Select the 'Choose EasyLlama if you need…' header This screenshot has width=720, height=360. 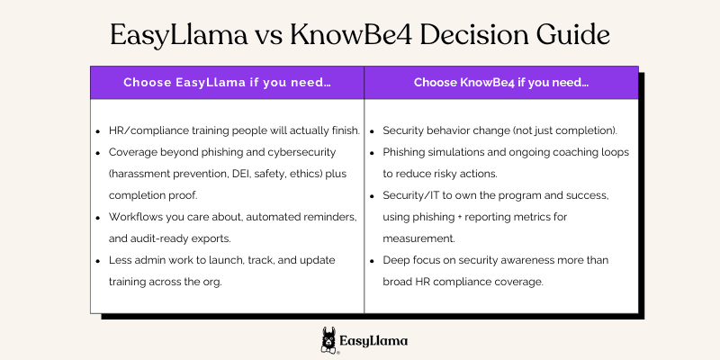pyautogui.click(x=227, y=83)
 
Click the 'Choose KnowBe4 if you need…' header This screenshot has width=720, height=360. pyautogui.click(x=501, y=83)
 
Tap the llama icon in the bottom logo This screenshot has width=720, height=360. pyautogui.click(x=329, y=341)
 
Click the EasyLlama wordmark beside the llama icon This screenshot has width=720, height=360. pyautogui.click(x=373, y=342)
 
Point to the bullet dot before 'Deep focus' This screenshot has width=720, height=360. pyautogui.click(x=373, y=261)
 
